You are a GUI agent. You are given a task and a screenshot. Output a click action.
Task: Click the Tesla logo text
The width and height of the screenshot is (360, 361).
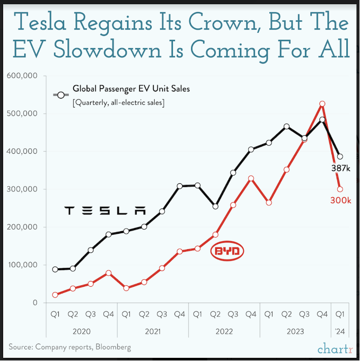click(x=104, y=210)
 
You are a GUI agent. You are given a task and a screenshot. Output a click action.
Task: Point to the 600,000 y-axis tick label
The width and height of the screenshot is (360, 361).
click(x=22, y=76)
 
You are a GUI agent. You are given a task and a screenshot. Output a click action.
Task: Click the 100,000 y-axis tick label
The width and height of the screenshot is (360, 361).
click(x=22, y=265)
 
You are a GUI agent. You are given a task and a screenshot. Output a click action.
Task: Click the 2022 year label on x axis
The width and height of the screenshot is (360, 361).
click(x=224, y=331)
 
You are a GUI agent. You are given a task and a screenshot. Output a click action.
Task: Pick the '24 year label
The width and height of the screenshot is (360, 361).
click(x=339, y=331)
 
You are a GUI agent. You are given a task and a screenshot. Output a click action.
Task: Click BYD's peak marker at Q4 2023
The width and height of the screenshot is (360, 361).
click(x=322, y=104)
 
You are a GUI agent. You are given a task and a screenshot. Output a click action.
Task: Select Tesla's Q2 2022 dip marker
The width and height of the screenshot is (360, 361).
click(x=215, y=206)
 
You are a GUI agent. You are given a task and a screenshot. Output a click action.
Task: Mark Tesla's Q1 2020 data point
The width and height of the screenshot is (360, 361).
click(x=55, y=269)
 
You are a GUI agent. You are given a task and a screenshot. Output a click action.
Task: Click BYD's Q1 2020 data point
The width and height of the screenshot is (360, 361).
click(x=55, y=295)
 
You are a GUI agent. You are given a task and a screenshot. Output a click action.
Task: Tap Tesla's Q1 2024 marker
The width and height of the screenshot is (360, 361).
click(x=340, y=156)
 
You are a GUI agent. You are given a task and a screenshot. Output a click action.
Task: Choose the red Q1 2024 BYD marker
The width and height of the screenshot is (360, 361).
click(x=340, y=189)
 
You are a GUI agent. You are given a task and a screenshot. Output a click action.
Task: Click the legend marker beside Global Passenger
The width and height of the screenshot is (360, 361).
click(x=61, y=95)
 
